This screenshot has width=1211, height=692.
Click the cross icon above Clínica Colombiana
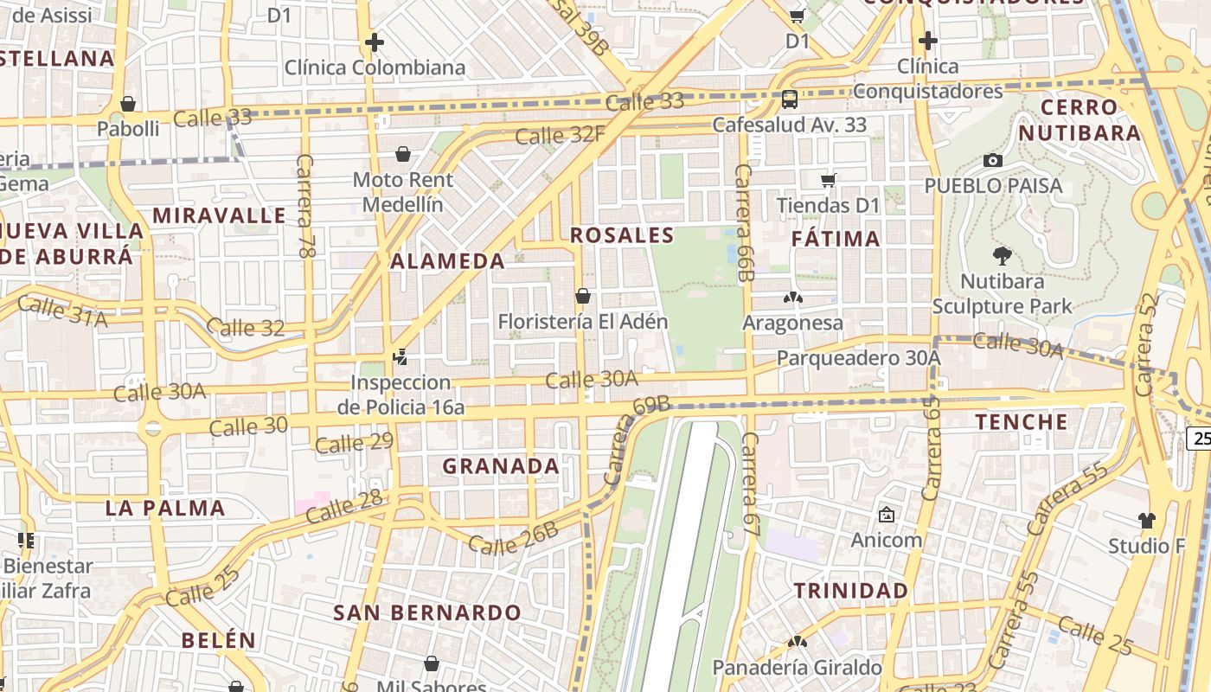point(374,42)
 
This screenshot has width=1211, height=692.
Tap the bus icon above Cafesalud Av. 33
point(789,99)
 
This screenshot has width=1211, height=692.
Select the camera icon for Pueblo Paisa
point(993,160)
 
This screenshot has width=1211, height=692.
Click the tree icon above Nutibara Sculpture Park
point(1003,255)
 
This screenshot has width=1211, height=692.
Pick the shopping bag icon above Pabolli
point(128,104)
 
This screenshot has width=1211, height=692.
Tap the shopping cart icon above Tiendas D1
point(828,180)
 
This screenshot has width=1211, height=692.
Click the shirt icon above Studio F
point(1146,520)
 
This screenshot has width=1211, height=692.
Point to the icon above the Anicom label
point(886,515)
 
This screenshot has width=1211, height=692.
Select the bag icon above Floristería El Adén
point(583,296)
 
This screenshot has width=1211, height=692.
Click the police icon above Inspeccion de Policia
point(400,356)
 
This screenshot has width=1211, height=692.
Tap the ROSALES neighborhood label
point(622,235)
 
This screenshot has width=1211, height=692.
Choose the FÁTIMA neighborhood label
point(836,239)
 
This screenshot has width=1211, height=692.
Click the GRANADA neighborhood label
point(501,466)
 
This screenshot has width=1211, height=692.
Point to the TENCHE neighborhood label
point(1022,422)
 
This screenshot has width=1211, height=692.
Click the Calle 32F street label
point(560,135)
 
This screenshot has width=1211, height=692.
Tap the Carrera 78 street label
point(305,206)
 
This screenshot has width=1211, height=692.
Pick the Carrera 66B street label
point(743,222)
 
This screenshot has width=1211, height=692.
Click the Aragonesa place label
point(792,323)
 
